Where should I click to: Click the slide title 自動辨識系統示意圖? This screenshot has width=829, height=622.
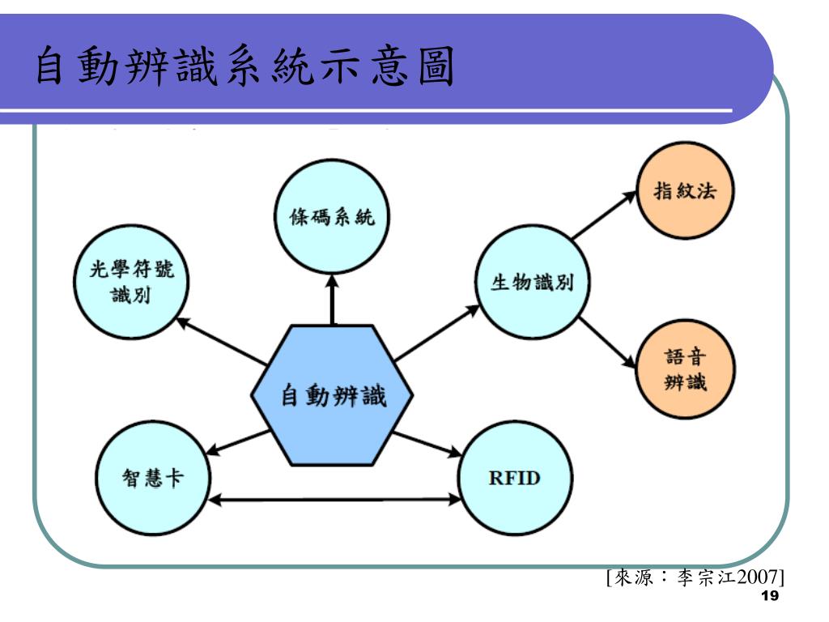click(x=243, y=68)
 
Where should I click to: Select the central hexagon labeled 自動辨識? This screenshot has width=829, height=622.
click(x=333, y=396)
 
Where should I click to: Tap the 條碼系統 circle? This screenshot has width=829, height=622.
click(x=332, y=218)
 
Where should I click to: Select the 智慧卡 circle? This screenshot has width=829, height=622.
click(x=152, y=478)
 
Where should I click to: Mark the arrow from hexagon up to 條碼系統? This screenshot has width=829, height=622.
click(x=332, y=300)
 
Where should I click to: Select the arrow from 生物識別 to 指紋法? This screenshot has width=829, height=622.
click(x=603, y=217)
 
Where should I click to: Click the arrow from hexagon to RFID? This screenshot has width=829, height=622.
click(x=429, y=441)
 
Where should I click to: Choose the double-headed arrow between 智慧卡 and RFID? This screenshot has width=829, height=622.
click(x=334, y=500)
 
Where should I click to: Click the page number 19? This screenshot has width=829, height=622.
click(x=770, y=597)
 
